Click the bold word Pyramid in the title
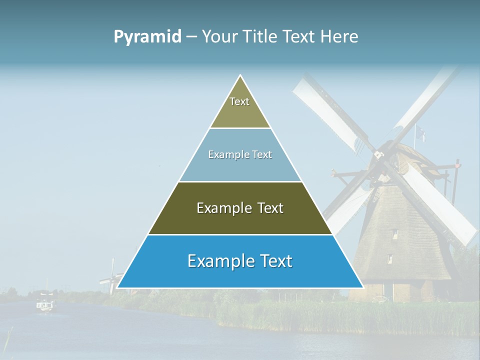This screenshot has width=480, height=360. pos(147,37)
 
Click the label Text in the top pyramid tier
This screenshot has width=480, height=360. pos(239,101)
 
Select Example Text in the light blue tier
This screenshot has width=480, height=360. pos(240,154)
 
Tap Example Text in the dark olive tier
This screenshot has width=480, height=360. pos(240,208)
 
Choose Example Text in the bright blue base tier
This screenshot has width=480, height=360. pos(240,261)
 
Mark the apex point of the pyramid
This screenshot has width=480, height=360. pos(240,75)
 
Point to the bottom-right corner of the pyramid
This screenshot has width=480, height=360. pos(363,287)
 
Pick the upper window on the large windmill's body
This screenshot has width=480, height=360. pos(394,234)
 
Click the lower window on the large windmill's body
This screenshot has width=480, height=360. pos(389,259)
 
